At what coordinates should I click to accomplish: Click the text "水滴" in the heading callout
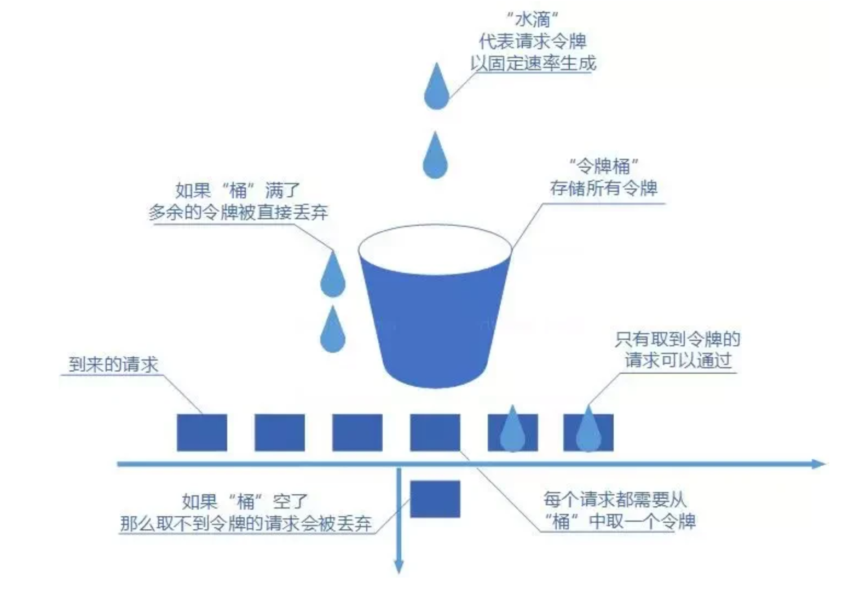[532, 20]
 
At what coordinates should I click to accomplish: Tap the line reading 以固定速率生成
[533, 63]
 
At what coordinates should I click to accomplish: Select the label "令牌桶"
[604, 165]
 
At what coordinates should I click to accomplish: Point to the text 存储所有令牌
[604, 188]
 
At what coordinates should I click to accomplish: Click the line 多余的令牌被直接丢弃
[238, 212]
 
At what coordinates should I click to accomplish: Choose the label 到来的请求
[113, 364]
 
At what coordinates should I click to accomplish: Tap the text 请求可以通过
[678, 361]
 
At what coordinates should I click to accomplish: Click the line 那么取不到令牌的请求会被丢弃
[246, 523]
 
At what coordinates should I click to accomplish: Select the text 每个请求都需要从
[614, 499]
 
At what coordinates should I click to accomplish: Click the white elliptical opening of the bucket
[435, 249]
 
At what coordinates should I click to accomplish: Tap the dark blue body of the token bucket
[436, 323]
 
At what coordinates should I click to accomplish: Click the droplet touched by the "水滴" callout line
[436, 88]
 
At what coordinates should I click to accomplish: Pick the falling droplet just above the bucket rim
[435, 157]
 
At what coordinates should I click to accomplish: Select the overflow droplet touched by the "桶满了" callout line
[332, 276]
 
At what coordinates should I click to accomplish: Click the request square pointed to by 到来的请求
[201, 432]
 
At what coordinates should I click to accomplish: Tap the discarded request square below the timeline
[435, 499]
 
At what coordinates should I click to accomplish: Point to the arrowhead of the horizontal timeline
[819, 464]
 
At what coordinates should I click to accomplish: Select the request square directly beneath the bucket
[435, 432]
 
